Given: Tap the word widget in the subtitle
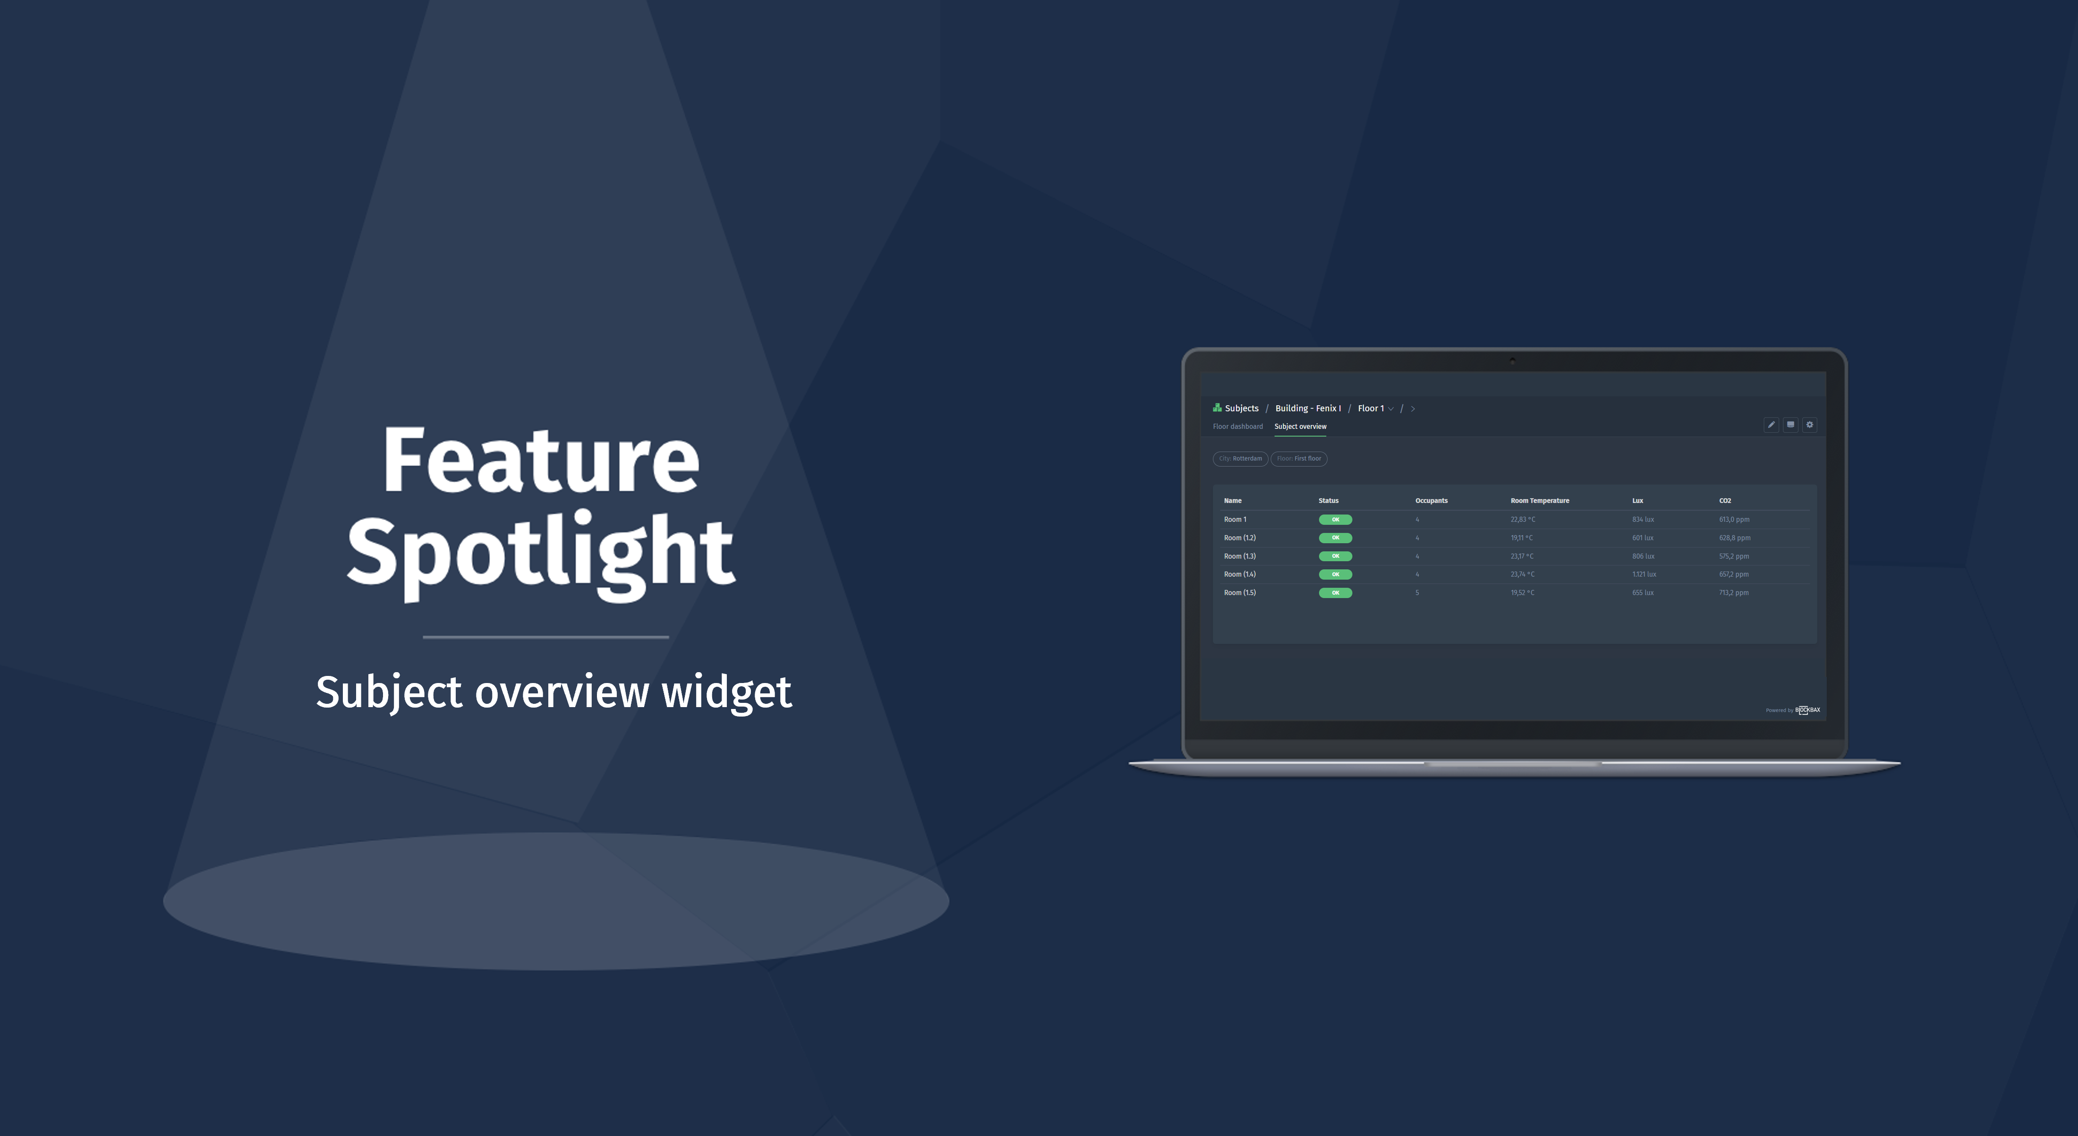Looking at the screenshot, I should pyautogui.click(x=726, y=692).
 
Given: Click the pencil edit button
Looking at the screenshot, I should pyautogui.click(x=1771, y=425).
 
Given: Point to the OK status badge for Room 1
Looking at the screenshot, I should pyautogui.click(x=1335, y=520).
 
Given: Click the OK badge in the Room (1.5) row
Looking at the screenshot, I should pyautogui.click(x=1335, y=593).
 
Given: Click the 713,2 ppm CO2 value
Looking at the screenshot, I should pyautogui.click(x=1734, y=593).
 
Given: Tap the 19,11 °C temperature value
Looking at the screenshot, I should pyautogui.click(x=1521, y=538).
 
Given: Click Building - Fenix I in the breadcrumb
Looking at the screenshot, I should pyautogui.click(x=1308, y=408).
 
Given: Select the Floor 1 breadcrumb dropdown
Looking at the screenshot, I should pyautogui.click(x=1375, y=408).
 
